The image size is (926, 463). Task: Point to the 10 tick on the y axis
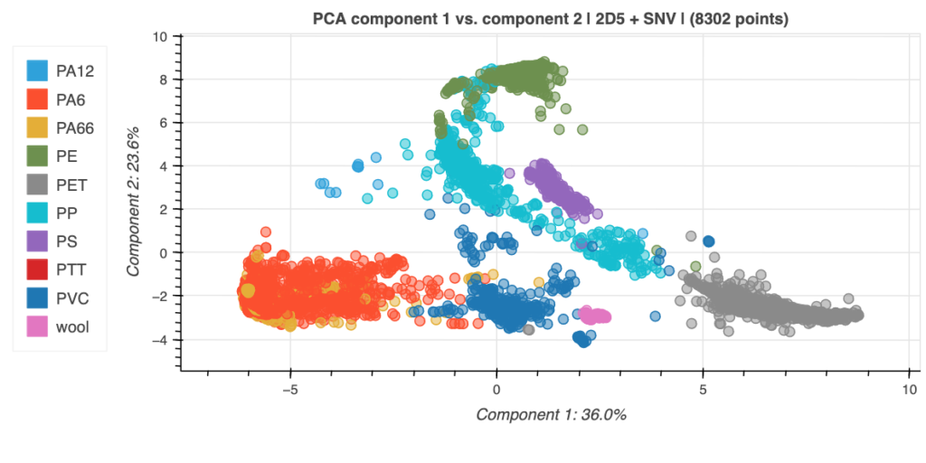click(163, 36)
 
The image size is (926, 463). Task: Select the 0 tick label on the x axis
click(496, 388)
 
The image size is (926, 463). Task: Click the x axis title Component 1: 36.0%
click(551, 415)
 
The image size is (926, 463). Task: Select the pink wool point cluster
click(596, 315)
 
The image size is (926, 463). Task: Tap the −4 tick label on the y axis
click(163, 340)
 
